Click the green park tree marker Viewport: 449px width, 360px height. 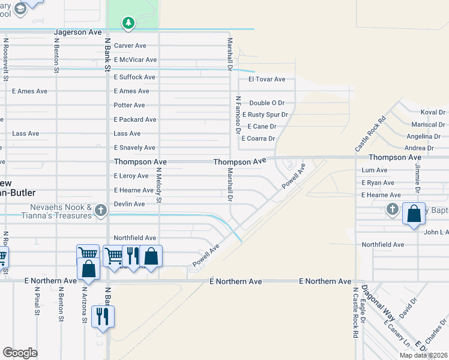pyautogui.click(x=128, y=23)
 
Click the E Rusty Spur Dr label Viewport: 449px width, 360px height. pyautogui.click(x=264, y=115)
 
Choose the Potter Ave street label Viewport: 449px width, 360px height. pyautogui.click(x=129, y=105)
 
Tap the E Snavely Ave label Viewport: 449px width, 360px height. pyautogui.click(x=134, y=148)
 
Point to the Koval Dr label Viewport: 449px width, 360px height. pyautogui.click(x=432, y=112)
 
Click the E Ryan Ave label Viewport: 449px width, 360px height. pyautogui.click(x=378, y=182)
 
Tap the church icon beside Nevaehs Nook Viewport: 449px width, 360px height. pyautogui.click(x=100, y=209)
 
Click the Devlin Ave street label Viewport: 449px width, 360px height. pyautogui.click(x=129, y=204)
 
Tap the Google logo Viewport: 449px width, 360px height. pyautogui.click(x=20, y=352)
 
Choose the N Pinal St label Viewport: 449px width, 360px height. pyautogui.click(x=37, y=303)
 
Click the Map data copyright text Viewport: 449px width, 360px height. pyautogui.click(x=424, y=355)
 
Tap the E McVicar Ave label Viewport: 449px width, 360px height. pyautogui.click(x=135, y=60)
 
